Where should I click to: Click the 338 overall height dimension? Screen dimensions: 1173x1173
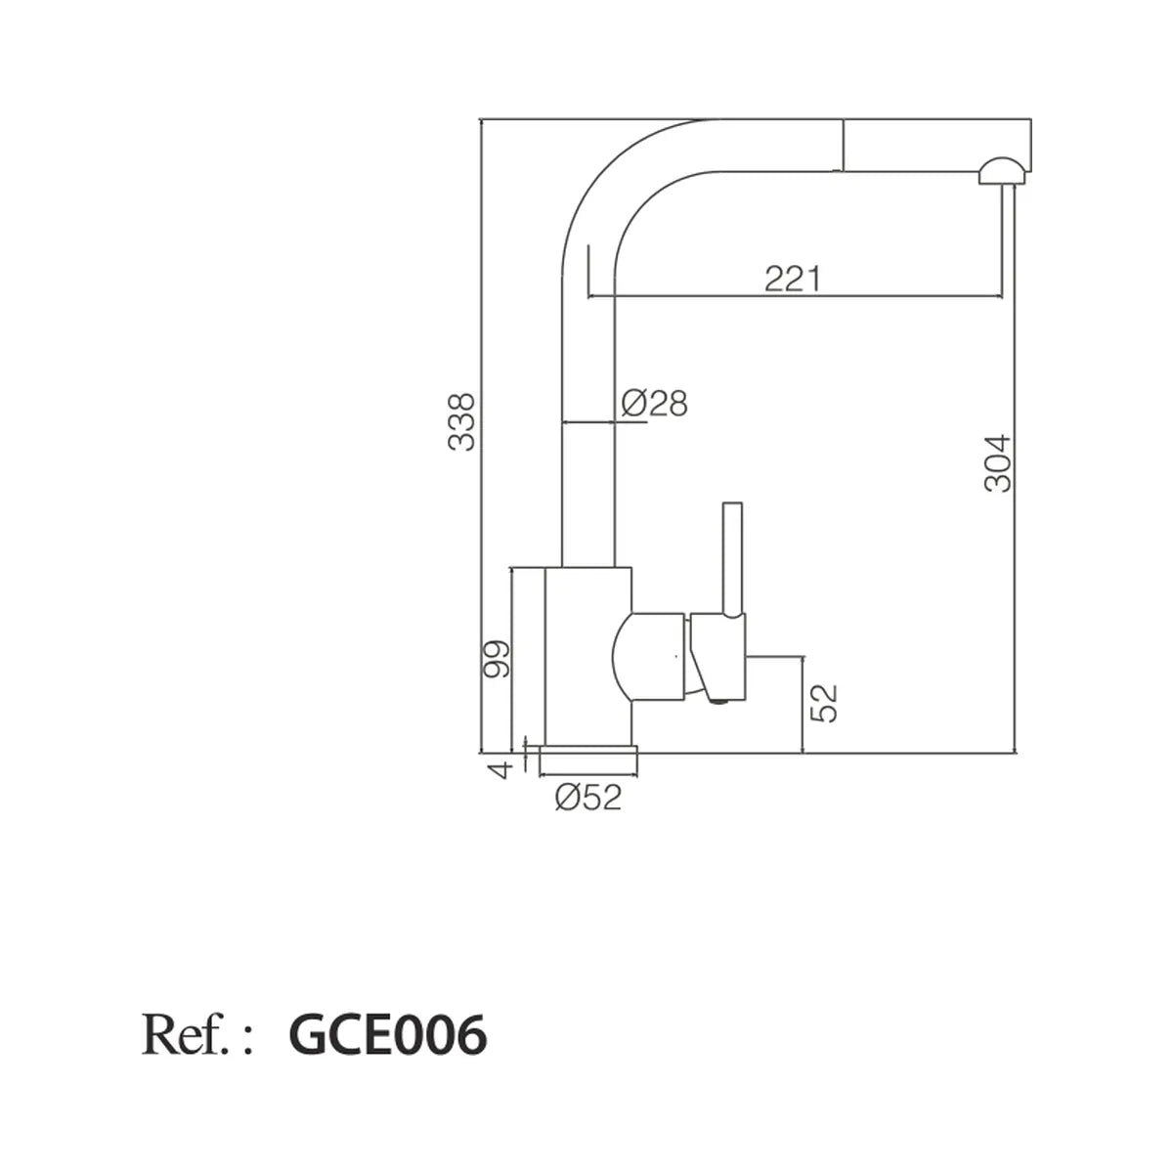460,422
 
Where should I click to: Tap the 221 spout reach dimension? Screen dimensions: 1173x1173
792,279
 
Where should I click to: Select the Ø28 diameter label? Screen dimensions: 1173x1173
654,403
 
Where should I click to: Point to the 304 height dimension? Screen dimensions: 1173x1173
997,463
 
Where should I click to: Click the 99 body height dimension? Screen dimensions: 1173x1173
495,659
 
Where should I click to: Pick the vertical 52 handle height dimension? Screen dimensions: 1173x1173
824,704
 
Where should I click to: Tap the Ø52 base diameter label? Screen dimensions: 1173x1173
588,798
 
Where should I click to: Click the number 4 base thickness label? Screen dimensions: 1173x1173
500,770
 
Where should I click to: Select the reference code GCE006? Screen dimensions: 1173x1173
388,1035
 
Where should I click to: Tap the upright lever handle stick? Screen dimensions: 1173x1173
732,559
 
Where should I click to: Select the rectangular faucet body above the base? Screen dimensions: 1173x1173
588,656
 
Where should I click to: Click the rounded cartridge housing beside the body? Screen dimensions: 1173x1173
648,657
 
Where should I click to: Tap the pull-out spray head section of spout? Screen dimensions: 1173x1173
936,145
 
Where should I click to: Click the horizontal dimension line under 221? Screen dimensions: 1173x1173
795,297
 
